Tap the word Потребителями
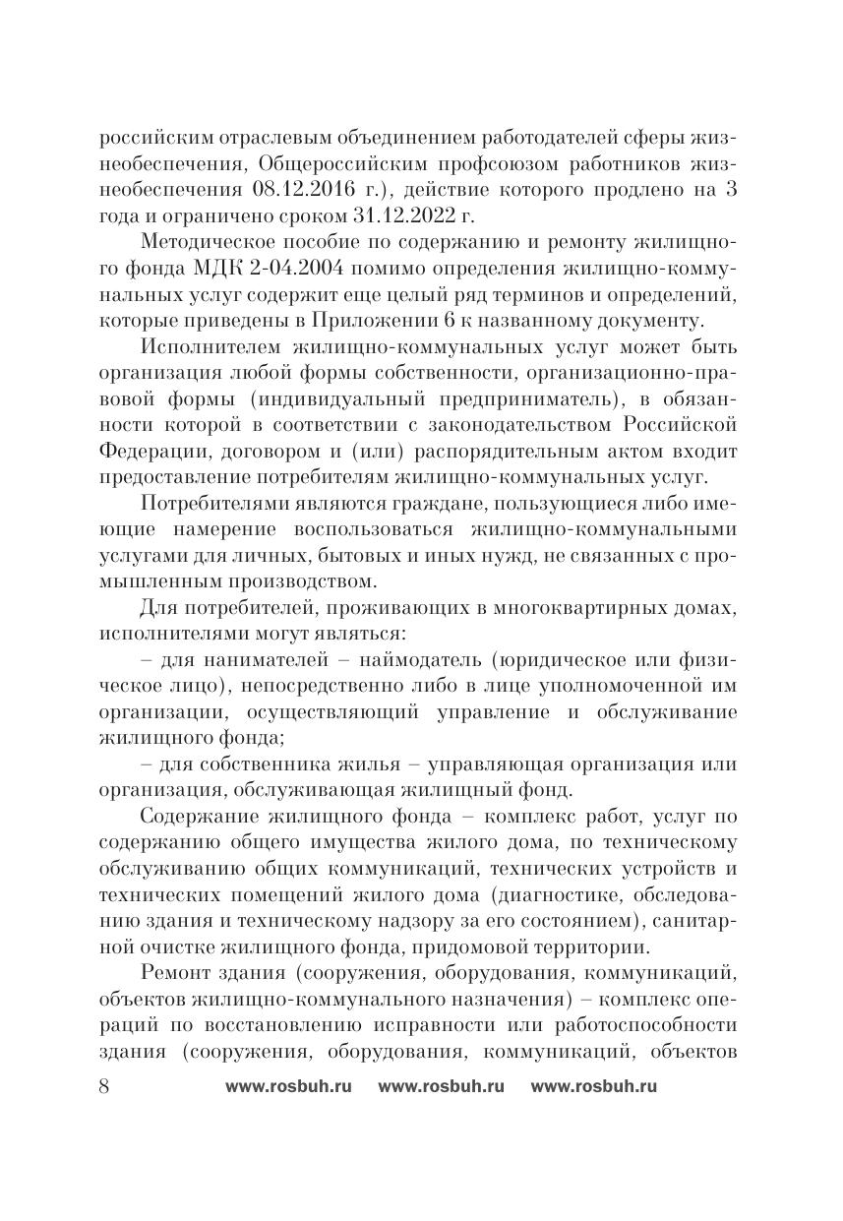coord(214,503)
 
